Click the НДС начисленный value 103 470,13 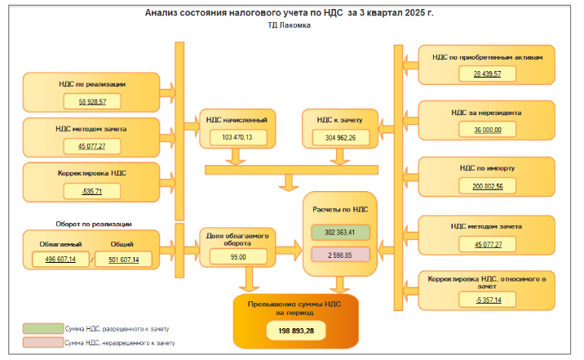point(237,137)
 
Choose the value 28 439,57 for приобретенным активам point(487,74)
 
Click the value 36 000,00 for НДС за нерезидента point(487,130)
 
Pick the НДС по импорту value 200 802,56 point(487,186)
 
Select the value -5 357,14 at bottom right point(487,300)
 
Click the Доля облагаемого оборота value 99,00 point(237,256)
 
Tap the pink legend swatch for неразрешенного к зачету point(42,343)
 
